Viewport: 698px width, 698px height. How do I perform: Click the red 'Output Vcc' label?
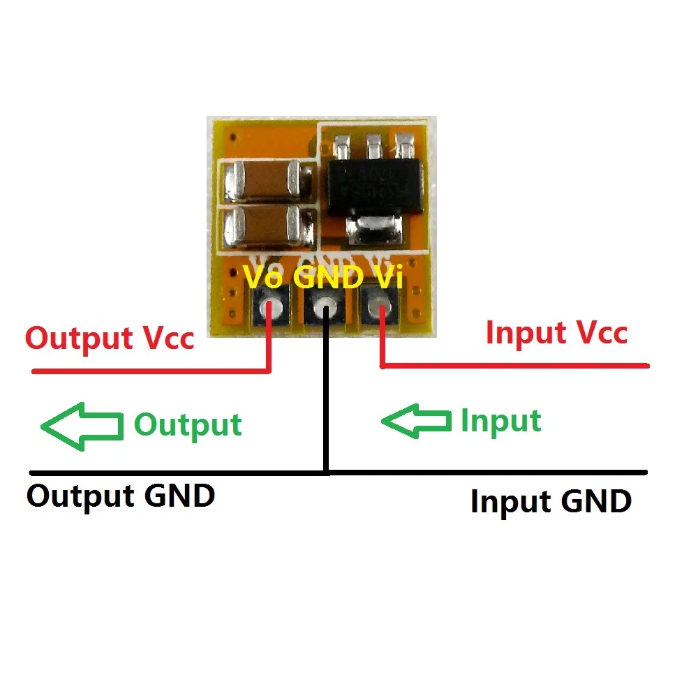coord(110,338)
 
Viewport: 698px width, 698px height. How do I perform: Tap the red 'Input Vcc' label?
coord(556,332)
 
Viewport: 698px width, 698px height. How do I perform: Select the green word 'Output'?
coord(188,424)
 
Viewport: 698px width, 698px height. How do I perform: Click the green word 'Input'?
coord(500,421)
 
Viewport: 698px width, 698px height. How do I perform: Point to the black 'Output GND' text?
coord(121,496)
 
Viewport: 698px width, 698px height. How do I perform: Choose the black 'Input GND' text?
coord(551,501)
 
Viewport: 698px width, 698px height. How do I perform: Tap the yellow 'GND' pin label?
coord(327,277)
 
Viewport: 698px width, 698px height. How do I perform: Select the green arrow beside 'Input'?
coord(415,420)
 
